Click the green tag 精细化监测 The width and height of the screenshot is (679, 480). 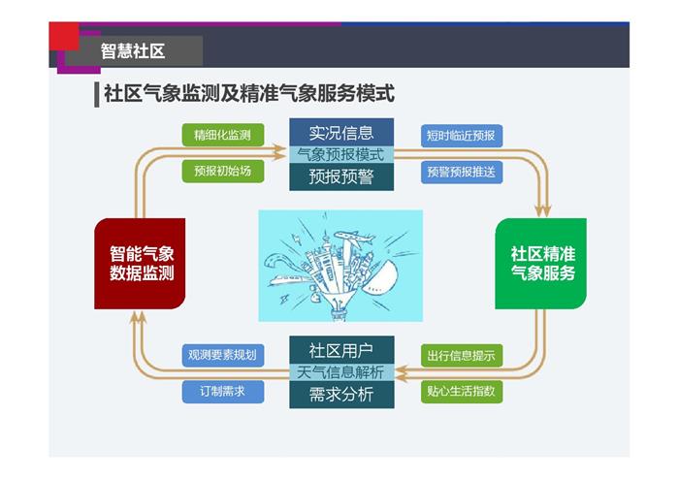[222, 135]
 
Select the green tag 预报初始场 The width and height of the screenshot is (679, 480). [222, 171]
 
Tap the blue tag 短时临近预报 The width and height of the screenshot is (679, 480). [462, 136]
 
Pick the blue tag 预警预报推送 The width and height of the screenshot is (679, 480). [462, 172]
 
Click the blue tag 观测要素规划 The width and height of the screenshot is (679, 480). [222, 355]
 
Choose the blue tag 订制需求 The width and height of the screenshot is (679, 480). [222, 392]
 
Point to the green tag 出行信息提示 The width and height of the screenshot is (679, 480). [462, 356]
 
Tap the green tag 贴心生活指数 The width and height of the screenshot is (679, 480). [462, 392]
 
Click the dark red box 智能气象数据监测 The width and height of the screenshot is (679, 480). [140, 264]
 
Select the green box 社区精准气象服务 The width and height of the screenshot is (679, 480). [541, 264]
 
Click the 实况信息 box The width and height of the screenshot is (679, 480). [341, 133]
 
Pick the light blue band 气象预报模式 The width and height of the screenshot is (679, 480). [341, 154]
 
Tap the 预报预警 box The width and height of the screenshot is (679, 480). [341, 176]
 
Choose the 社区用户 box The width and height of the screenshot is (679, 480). [341, 350]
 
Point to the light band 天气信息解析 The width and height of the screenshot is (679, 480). [341, 372]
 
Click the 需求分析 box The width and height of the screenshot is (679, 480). [341, 395]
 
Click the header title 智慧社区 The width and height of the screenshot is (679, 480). [133, 50]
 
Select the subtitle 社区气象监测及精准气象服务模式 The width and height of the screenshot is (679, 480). [249, 93]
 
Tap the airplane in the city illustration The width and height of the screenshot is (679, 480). [354, 238]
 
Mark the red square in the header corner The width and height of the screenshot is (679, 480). [64, 36]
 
